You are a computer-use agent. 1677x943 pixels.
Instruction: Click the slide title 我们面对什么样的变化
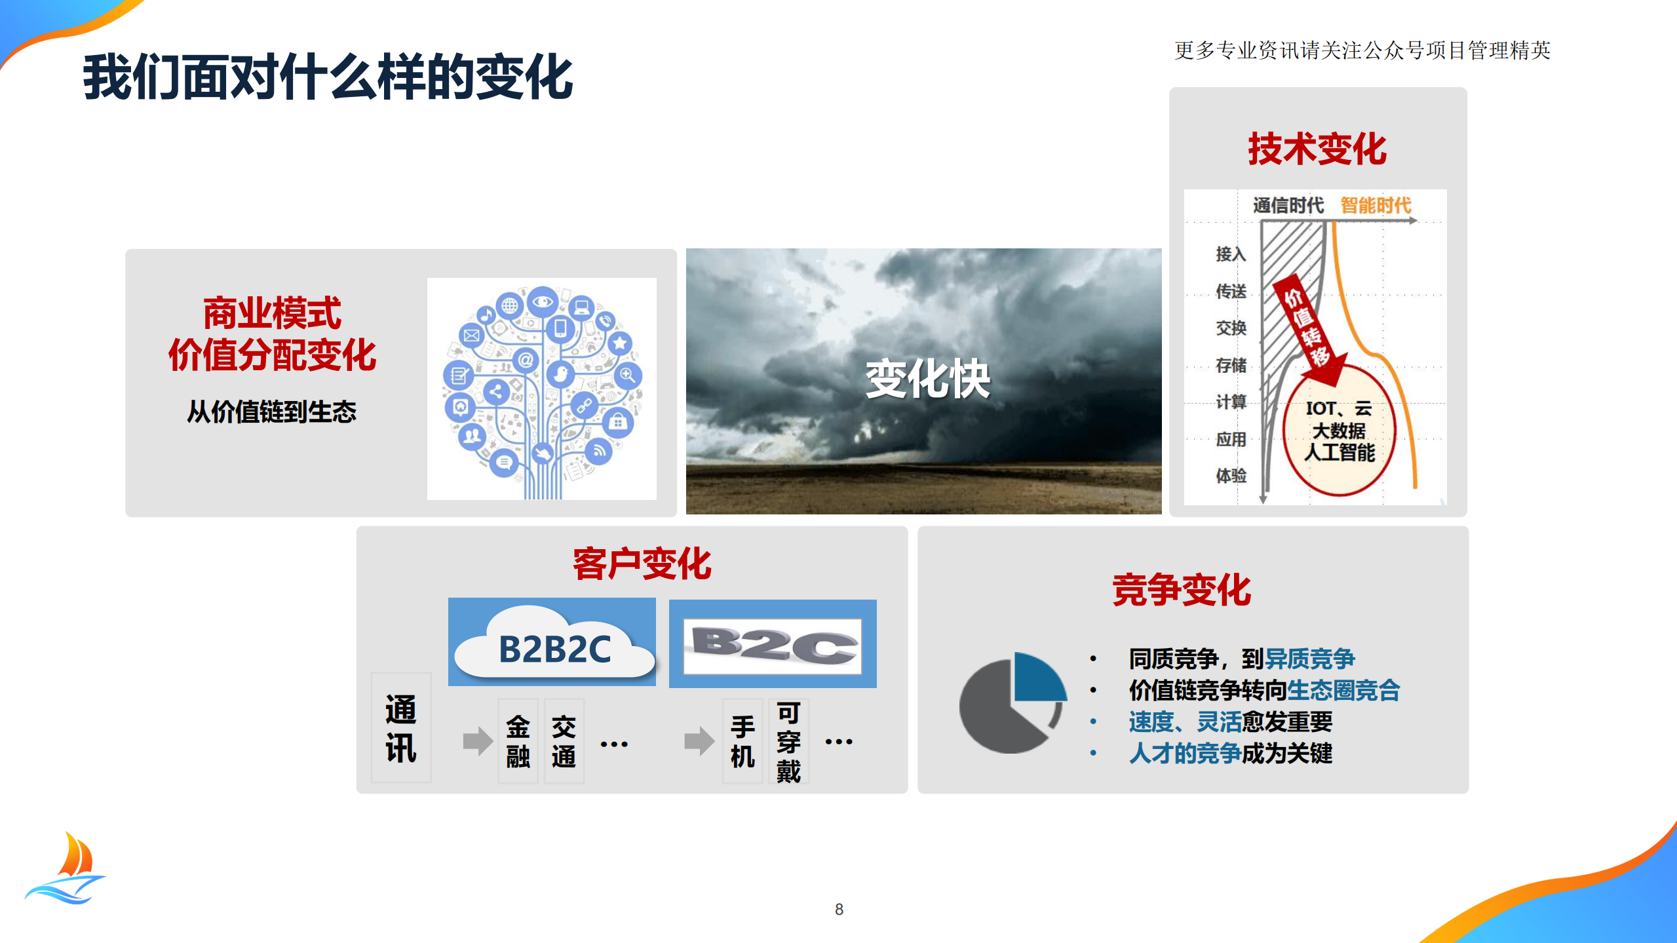click(328, 77)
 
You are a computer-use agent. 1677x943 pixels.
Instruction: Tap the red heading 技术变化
click(1317, 149)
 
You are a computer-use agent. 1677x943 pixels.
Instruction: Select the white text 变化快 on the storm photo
click(927, 379)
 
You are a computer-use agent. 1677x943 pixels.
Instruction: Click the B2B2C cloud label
click(554, 649)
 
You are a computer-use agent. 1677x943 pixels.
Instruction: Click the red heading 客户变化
click(642, 564)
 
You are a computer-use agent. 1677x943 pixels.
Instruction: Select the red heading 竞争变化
click(1182, 590)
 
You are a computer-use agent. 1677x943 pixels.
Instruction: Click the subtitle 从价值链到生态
click(271, 412)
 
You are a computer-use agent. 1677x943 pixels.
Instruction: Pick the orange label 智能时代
click(1376, 206)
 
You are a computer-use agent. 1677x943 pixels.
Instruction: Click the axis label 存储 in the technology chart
click(1231, 365)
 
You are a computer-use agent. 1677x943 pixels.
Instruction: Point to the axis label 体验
click(1231, 476)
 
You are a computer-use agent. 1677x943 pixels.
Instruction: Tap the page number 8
click(839, 909)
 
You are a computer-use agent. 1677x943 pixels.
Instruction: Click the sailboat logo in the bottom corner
click(67, 870)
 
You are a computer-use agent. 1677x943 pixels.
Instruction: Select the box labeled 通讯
click(401, 728)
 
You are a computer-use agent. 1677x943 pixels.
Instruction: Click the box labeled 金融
click(518, 741)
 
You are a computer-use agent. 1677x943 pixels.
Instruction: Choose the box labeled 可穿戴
click(788, 741)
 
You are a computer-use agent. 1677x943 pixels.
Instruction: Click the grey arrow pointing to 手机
click(699, 741)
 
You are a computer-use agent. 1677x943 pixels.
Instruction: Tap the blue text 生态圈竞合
click(1343, 690)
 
